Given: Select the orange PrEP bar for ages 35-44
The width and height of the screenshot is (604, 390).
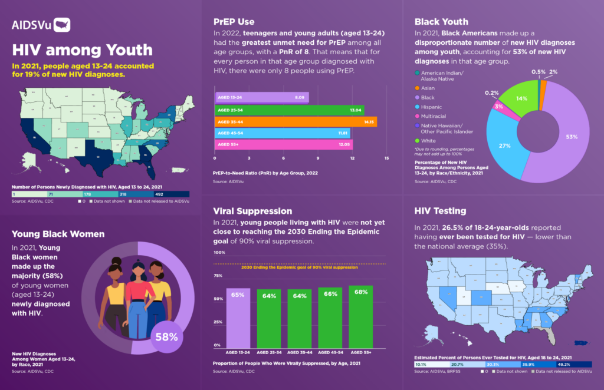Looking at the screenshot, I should [x=295, y=122].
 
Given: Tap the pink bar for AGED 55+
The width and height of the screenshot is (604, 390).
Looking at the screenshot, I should [x=283, y=144].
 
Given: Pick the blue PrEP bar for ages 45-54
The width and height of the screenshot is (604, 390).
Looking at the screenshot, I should [x=282, y=133].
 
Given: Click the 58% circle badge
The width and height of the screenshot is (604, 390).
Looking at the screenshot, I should [x=166, y=337].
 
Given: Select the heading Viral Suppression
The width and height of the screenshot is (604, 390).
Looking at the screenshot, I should [x=252, y=210].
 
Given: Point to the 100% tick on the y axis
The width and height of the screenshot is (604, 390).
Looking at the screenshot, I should [x=219, y=253].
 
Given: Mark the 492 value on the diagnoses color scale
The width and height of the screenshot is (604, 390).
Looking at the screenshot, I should [x=159, y=194].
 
